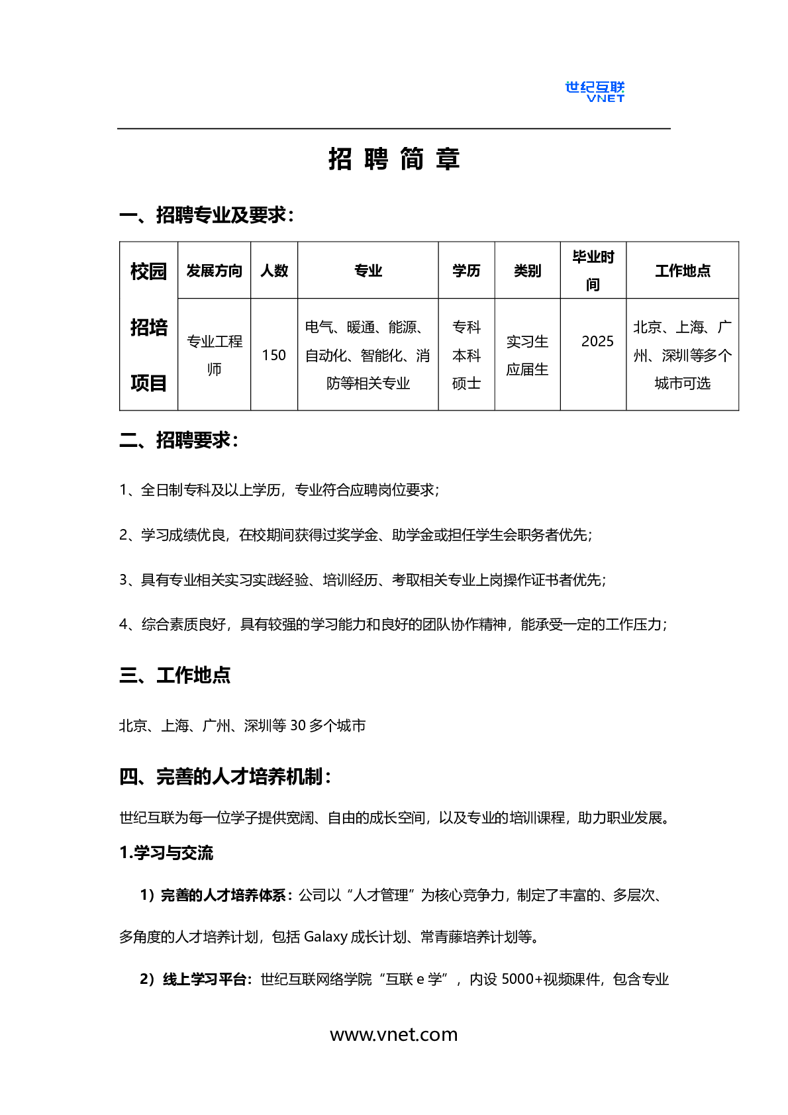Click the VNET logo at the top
(594, 91)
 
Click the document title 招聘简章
(394, 160)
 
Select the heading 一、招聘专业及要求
(206, 215)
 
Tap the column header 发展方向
(214, 271)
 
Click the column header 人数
(274, 271)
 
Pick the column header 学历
(466, 271)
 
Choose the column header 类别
(527, 271)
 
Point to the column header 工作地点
(682, 271)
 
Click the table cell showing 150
(274, 356)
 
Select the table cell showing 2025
(597, 342)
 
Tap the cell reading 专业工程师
(214, 355)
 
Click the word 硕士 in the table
(466, 383)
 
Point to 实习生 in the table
(527, 342)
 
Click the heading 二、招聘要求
(178, 440)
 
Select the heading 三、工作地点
(175, 675)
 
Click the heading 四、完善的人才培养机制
(224, 777)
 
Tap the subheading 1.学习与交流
(166, 853)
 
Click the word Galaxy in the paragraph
(325, 937)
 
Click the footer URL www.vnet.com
(394, 1034)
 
